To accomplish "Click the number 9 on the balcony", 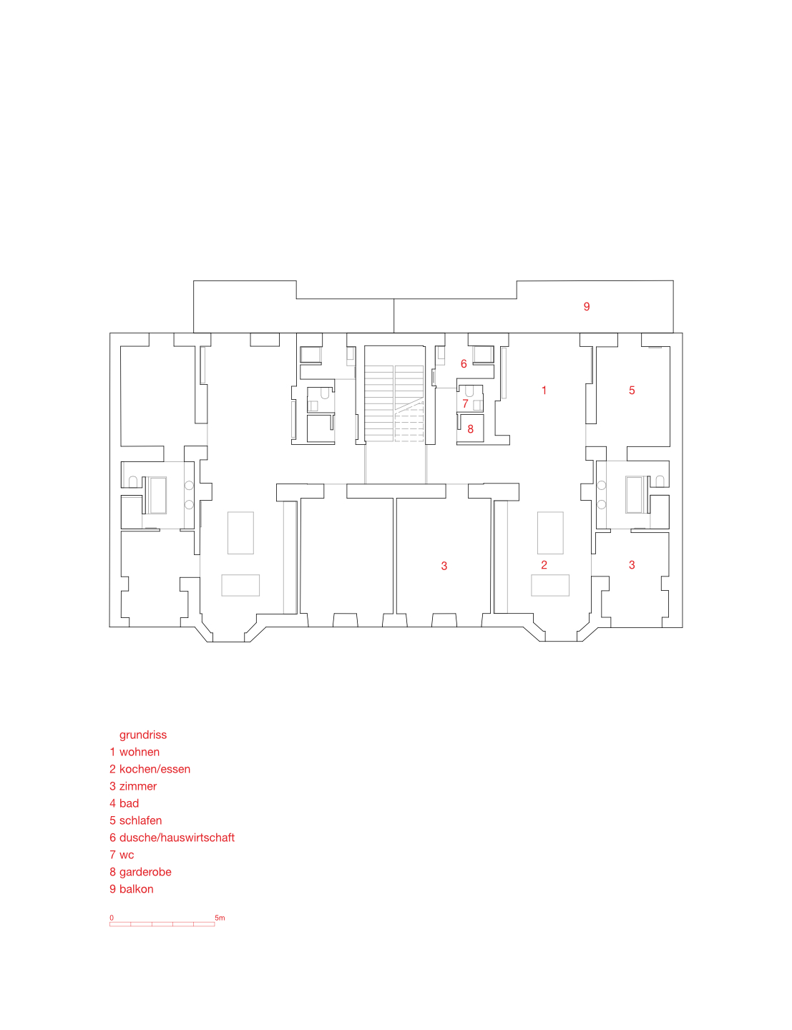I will pyautogui.click(x=587, y=307).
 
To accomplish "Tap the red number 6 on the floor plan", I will pyautogui.click(x=464, y=364).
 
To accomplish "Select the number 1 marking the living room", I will pyautogui.click(x=544, y=391).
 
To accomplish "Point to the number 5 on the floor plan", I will pyautogui.click(x=632, y=391).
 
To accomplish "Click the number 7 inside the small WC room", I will pyautogui.click(x=465, y=404).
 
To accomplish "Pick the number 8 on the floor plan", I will pyautogui.click(x=470, y=429).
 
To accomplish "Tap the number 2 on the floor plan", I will pyautogui.click(x=544, y=565).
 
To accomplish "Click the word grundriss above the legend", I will pyautogui.click(x=143, y=735).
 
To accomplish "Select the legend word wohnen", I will pyautogui.click(x=140, y=752).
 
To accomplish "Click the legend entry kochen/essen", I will pyautogui.click(x=155, y=769).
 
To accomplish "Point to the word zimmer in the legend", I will pyautogui.click(x=138, y=786).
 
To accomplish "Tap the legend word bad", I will pyautogui.click(x=129, y=803).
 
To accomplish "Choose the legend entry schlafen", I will pyautogui.click(x=140, y=820).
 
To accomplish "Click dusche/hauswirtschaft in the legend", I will pyautogui.click(x=177, y=838).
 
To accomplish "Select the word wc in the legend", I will pyautogui.click(x=127, y=855).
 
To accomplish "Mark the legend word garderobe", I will pyautogui.click(x=145, y=872).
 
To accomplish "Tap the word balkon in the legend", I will pyautogui.click(x=136, y=889).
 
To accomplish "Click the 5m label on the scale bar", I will pyautogui.click(x=220, y=918).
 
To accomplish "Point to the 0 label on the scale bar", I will pyautogui.click(x=112, y=918).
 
